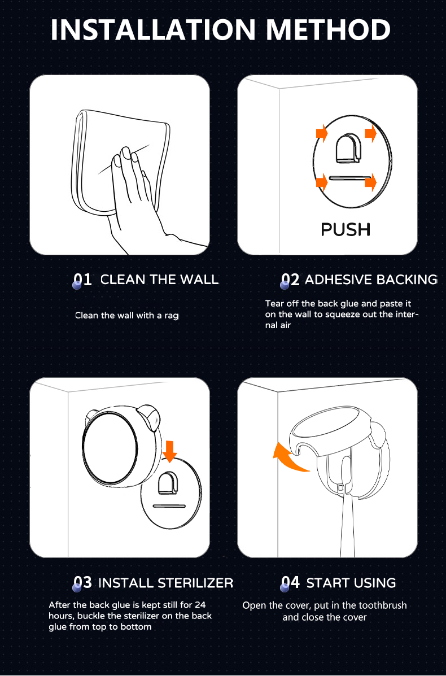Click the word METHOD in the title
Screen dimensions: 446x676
pyautogui.click(x=328, y=30)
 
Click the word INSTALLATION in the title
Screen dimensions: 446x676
pyautogui.click(x=153, y=30)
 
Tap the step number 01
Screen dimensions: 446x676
pyautogui.click(x=82, y=280)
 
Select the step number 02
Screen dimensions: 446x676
pyautogui.click(x=290, y=280)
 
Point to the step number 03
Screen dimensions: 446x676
pyautogui.click(x=82, y=583)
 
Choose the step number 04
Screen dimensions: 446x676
pyautogui.click(x=290, y=583)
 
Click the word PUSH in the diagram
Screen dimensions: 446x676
pyautogui.click(x=346, y=230)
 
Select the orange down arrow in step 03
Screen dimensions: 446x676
pyautogui.click(x=170, y=451)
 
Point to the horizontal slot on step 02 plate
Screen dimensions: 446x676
pyautogui.click(x=349, y=177)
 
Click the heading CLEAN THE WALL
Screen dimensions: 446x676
pyautogui.click(x=159, y=280)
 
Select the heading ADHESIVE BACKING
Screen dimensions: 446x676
pyautogui.click(x=371, y=280)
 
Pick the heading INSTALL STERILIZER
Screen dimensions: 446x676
pyautogui.click(x=166, y=583)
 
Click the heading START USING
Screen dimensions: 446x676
pyautogui.click(x=351, y=583)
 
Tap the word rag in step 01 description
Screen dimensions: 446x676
pyautogui.click(x=172, y=316)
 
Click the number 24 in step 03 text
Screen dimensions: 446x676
pyautogui.click(x=200, y=605)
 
